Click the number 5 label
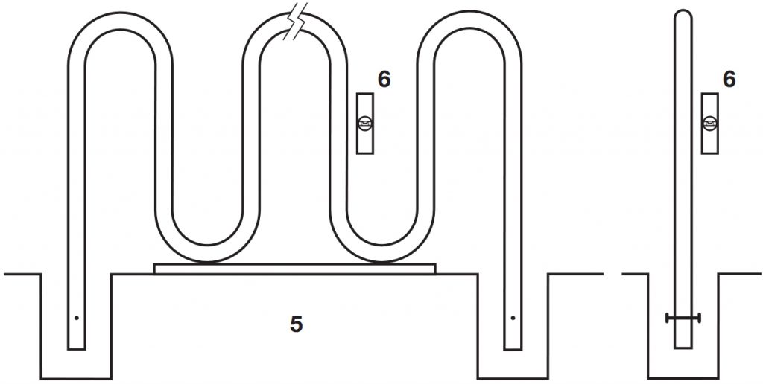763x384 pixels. pyautogui.click(x=297, y=324)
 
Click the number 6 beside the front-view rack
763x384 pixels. pyautogui.click(x=384, y=80)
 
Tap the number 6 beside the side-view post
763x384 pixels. pyautogui.click(x=729, y=80)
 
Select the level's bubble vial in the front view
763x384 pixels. pyautogui.click(x=365, y=124)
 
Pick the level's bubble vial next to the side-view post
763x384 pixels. pyautogui.click(x=710, y=124)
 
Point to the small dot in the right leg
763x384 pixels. pyautogui.click(x=513, y=318)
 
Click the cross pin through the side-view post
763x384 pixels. pyautogui.click(x=683, y=319)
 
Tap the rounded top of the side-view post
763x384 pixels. pyautogui.click(x=683, y=15)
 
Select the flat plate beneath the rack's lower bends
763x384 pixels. pyautogui.click(x=294, y=268)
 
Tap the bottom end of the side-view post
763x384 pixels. pyautogui.click(x=683, y=346)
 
